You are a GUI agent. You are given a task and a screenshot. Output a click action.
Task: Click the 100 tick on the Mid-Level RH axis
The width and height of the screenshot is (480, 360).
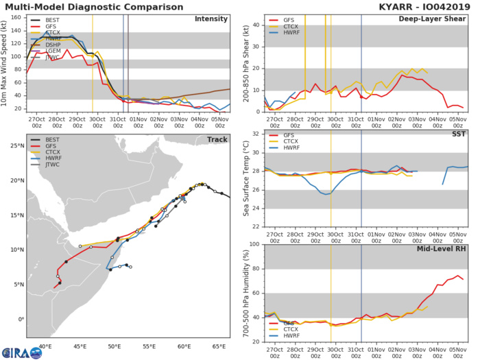click(x=253, y=244)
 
